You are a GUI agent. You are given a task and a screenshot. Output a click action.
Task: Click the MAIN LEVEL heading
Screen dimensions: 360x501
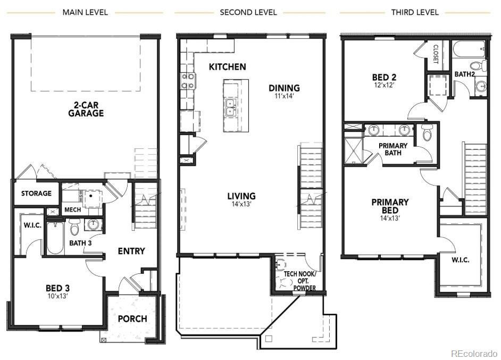click(85, 12)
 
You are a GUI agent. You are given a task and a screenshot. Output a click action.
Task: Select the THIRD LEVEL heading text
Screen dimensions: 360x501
click(415, 12)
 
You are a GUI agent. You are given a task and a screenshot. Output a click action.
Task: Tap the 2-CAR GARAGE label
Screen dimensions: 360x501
click(85, 108)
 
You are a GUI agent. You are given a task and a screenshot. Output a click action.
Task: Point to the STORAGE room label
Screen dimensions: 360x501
click(36, 193)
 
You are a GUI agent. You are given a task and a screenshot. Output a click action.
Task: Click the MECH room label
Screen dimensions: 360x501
click(72, 210)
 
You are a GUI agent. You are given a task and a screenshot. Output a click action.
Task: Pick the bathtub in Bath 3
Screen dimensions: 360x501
click(55, 238)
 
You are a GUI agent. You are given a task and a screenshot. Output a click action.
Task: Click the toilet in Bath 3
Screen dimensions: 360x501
click(74, 229)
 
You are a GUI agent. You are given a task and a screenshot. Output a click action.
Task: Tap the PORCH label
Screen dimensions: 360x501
click(132, 319)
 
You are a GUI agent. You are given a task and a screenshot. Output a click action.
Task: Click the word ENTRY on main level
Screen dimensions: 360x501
click(131, 251)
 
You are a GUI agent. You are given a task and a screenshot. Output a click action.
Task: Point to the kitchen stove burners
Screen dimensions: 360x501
click(188, 81)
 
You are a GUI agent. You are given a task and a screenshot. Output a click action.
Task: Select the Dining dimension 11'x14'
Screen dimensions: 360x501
click(284, 97)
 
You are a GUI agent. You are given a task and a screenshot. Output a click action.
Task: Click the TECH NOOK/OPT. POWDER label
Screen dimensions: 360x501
click(299, 281)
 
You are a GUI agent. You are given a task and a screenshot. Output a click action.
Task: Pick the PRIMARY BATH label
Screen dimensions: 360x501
click(393, 149)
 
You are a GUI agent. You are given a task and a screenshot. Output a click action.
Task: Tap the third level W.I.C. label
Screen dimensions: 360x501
click(460, 260)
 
